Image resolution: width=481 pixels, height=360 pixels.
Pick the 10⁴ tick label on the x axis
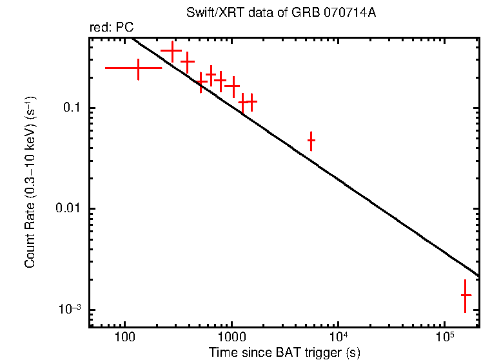click(338, 335)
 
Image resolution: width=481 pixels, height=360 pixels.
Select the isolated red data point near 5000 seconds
click(311, 140)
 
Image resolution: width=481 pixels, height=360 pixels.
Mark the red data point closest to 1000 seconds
click(233, 85)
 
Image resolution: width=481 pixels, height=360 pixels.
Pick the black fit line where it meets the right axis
click(478, 276)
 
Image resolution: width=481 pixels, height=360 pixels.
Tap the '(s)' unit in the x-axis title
click(351, 352)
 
